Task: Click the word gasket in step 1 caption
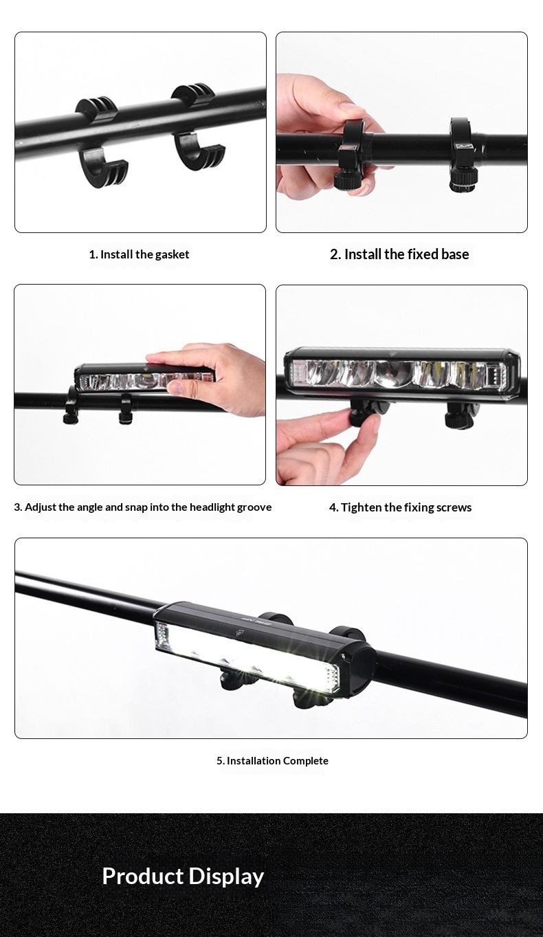(x=172, y=255)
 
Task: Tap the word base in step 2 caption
(x=454, y=254)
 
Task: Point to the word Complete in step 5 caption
(x=306, y=760)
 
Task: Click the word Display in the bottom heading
(x=225, y=877)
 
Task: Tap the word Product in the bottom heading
(x=143, y=876)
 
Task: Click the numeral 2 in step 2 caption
(x=334, y=254)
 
